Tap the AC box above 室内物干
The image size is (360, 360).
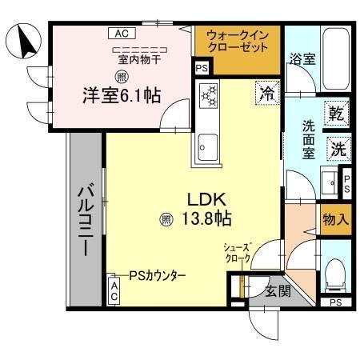coord(121,34)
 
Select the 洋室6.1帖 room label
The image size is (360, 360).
coord(121,95)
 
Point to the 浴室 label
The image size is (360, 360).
coord(302,58)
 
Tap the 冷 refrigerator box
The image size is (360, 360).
coord(267,93)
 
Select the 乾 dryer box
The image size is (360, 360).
coord(337,114)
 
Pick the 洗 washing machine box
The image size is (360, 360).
coord(337,148)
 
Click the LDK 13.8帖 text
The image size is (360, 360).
coord(209,207)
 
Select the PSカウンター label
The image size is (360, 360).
coord(155,274)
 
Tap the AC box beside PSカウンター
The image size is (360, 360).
coord(115,289)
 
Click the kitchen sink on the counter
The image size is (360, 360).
coord(207,146)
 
